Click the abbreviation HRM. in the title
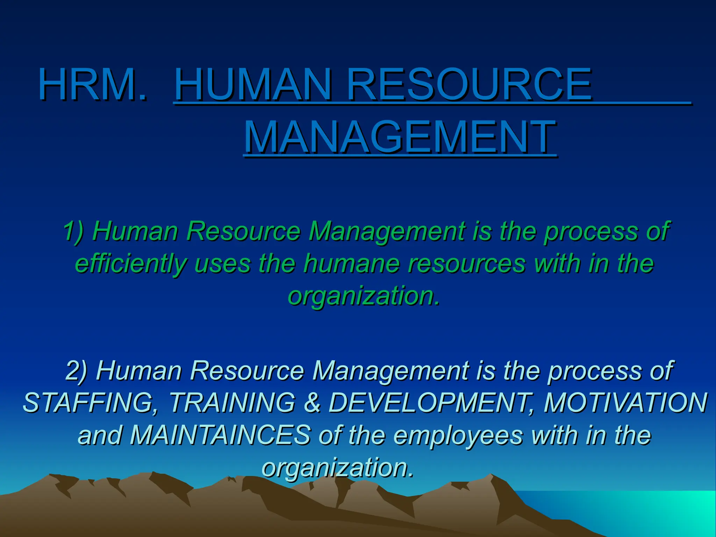pos(93,85)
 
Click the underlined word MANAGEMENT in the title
pos(400,137)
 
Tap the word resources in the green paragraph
pos(466,264)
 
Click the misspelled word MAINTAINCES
pos(220,435)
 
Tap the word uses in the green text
pos(222,264)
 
